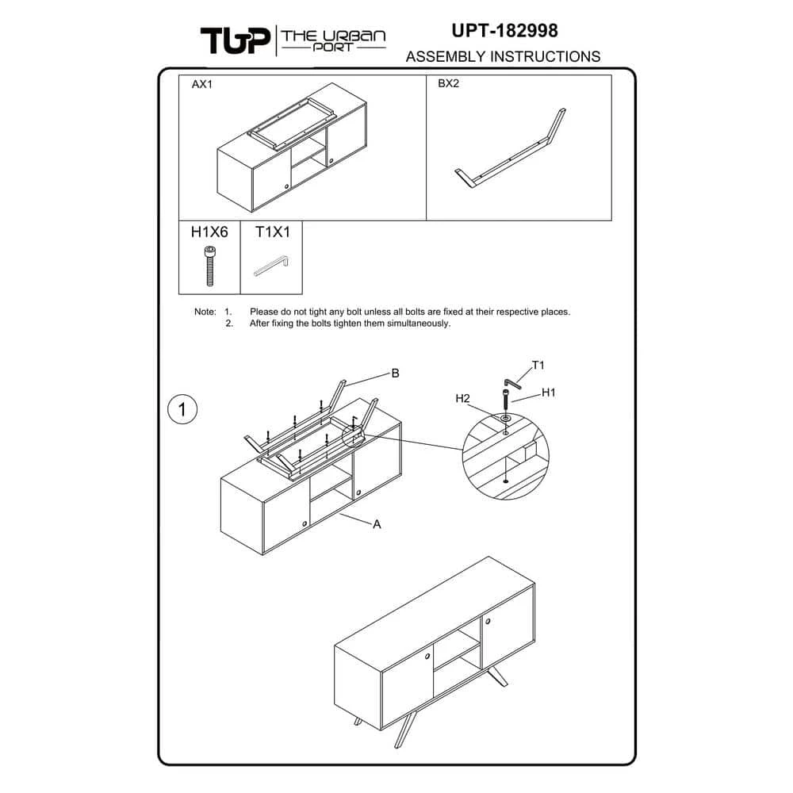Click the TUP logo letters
click(x=236, y=40)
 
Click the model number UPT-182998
click(x=504, y=30)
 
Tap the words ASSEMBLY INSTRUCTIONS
click(x=504, y=56)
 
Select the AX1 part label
click(x=201, y=84)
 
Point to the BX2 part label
click(x=448, y=83)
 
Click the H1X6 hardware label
click(x=209, y=232)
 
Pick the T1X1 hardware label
click(x=273, y=232)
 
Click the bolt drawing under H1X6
click(x=210, y=266)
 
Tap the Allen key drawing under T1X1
click(x=271, y=266)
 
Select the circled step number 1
click(x=182, y=409)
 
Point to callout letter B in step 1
click(x=396, y=374)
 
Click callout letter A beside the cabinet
click(x=377, y=524)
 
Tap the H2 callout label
click(x=463, y=399)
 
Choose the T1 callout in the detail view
click(x=538, y=365)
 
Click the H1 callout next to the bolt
click(x=548, y=393)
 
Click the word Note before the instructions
click(x=205, y=312)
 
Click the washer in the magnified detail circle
click(x=505, y=419)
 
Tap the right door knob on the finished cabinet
click(x=488, y=621)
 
